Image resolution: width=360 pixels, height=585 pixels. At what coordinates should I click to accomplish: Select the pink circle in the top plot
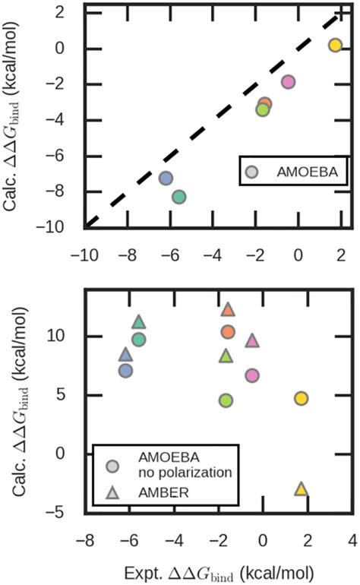tap(288, 81)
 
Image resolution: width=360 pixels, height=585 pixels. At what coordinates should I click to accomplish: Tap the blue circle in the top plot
tap(166, 179)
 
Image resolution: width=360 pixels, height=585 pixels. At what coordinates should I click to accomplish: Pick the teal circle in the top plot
tap(178, 197)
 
